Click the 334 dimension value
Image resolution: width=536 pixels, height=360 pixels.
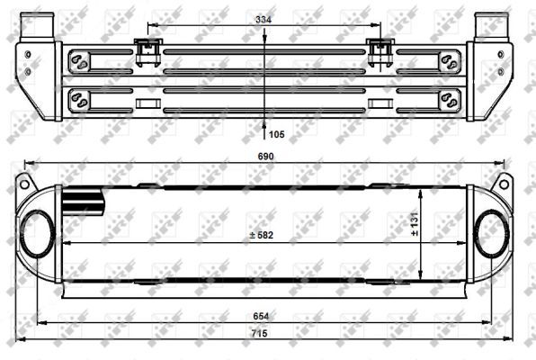click(263, 19)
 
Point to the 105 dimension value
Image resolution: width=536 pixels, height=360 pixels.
click(276, 134)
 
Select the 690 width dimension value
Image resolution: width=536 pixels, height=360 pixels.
click(266, 157)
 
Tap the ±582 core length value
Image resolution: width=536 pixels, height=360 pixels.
click(263, 235)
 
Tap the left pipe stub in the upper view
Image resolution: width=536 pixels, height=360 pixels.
click(33, 24)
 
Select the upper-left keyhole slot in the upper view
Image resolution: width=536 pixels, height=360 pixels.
click(80, 62)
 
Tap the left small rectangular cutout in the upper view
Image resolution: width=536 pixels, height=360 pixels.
click(147, 102)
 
